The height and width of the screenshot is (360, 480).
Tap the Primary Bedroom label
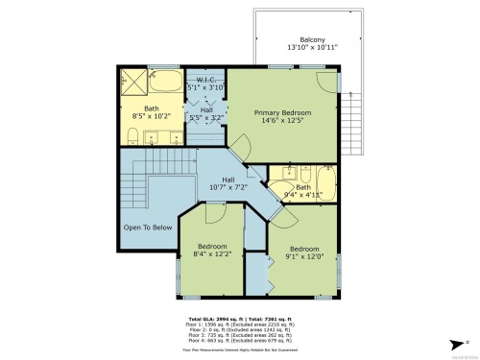pyautogui.click(x=283, y=112)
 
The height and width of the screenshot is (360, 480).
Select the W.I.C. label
pyautogui.click(x=204, y=78)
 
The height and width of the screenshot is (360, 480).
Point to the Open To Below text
pyautogui.click(x=148, y=228)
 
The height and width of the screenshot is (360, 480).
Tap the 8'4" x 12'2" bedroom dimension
pyautogui.click(x=211, y=254)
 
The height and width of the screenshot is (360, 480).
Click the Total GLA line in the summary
pyautogui.click(x=240, y=318)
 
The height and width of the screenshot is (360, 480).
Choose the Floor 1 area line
pyautogui.click(x=240, y=324)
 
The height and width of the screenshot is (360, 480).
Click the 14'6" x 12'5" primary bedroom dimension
pyautogui.click(x=283, y=121)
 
